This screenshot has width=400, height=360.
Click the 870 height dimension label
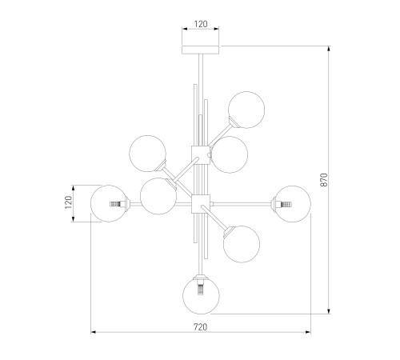(323, 180)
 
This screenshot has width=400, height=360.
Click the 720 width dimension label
(200, 326)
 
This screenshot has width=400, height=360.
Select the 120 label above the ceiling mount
(201, 24)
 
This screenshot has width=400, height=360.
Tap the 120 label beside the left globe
(69, 202)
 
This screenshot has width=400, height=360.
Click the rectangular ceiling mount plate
(201, 50)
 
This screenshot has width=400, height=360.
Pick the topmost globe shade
(246, 110)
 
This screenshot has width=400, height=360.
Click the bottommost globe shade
(201, 295)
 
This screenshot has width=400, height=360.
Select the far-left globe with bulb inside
(109, 203)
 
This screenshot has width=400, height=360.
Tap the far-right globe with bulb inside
(293, 204)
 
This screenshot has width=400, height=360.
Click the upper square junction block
(201, 155)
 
